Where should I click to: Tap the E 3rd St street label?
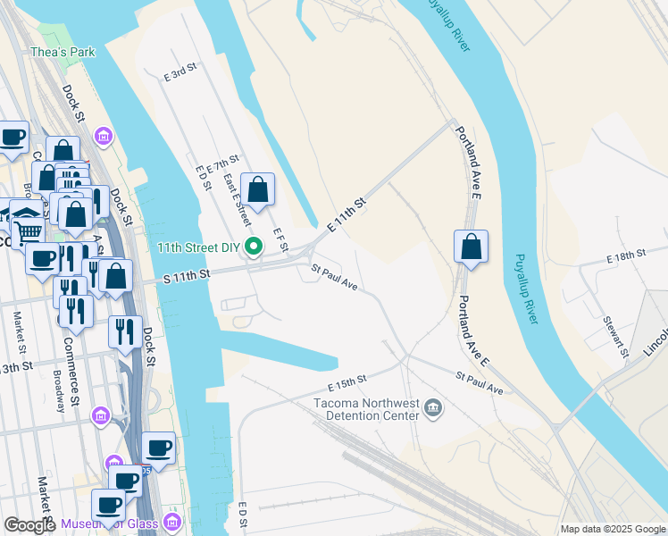pos(180,73)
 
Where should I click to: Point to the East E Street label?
pos(238,199)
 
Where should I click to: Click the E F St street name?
pos(280,239)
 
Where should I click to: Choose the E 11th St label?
pos(347,217)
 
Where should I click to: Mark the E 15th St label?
pos(347,382)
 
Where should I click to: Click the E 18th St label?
pos(625,256)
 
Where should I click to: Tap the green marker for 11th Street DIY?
pos(255,247)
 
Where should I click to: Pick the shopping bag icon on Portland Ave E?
pos(471,247)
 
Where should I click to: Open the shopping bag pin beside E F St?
pos(257,190)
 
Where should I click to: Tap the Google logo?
pos(29,524)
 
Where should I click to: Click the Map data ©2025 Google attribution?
pos(613,529)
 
